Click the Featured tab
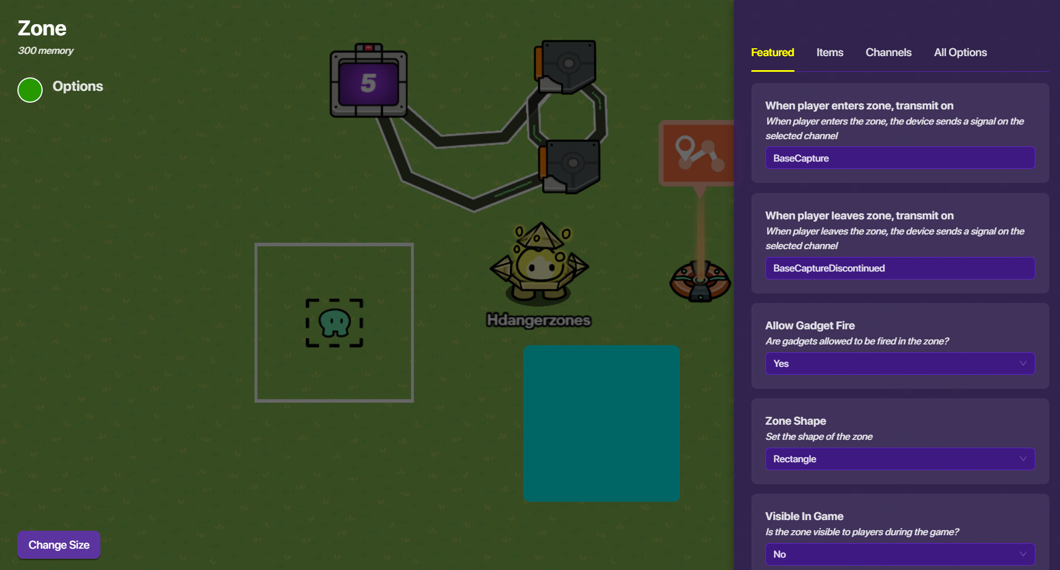[x=772, y=53]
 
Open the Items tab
[x=829, y=53]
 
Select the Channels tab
[x=888, y=53]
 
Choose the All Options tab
[x=960, y=53]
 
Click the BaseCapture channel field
[x=900, y=158]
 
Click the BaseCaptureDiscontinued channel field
[x=900, y=268]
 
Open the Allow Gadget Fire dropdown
[x=900, y=364]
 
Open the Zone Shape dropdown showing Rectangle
[x=900, y=459]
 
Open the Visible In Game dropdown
[x=900, y=554]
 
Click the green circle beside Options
[x=30, y=90]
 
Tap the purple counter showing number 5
[x=368, y=83]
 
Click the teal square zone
[x=601, y=423]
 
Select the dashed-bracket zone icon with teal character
[x=334, y=323]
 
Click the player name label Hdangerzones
[x=538, y=320]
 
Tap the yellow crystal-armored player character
[x=539, y=264]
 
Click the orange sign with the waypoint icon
[x=698, y=153]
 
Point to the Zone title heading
[x=42, y=28]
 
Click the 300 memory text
[x=45, y=50]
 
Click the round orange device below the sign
[x=700, y=281]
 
